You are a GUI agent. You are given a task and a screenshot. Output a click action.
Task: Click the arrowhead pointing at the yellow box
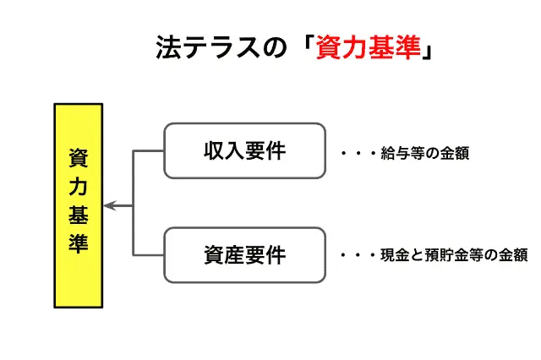[108, 205]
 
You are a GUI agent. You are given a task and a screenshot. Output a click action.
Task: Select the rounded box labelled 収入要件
[244, 151]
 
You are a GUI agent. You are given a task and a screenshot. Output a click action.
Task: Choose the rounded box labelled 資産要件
[244, 254]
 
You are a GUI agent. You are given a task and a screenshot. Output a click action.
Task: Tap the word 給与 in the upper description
[393, 155]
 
